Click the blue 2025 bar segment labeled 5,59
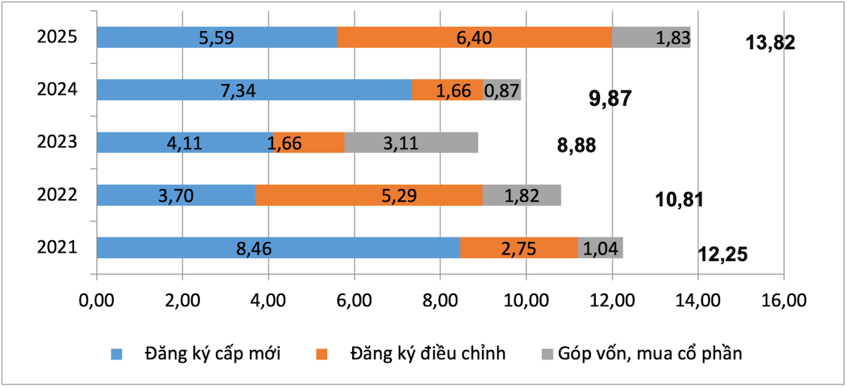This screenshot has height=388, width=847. point(217,37)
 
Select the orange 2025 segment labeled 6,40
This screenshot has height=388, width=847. point(474,37)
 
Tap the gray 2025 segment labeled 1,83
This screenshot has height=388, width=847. point(651,37)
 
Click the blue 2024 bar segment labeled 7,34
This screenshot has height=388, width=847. point(254,90)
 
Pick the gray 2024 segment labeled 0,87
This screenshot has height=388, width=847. point(502,90)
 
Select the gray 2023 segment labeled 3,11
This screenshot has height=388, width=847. point(411,143)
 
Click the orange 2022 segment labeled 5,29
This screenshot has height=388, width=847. point(368,195)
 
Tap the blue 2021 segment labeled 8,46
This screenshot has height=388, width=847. point(278,248)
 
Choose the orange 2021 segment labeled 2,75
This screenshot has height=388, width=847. point(519,248)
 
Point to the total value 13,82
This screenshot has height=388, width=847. point(770,43)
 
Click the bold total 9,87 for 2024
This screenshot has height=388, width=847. point(610,99)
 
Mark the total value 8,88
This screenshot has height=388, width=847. point(575,146)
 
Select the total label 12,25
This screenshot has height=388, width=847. point(722,254)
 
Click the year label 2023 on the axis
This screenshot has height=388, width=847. point(57,143)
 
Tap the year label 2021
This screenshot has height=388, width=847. point(57,248)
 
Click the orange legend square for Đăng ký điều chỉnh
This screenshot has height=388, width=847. point(322,353)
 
